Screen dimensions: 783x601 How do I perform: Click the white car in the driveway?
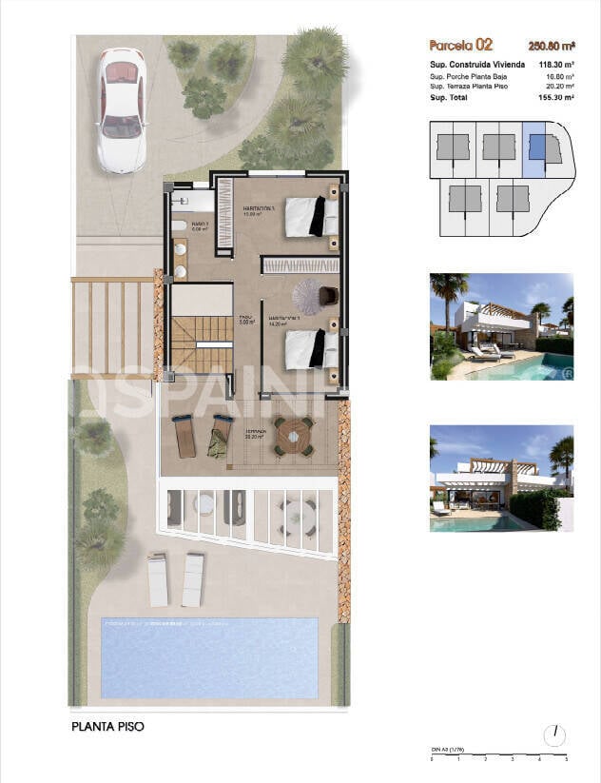pos(121,109)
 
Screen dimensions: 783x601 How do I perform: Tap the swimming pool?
pos(208,657)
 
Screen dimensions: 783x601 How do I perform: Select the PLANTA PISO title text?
pos(107,727)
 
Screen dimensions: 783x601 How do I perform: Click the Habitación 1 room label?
pos(258,208)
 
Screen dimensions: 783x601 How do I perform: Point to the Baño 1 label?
pos(199,225)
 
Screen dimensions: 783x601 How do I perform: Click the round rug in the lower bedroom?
pos(311,292)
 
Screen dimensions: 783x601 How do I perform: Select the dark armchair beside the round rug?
pos(329,296)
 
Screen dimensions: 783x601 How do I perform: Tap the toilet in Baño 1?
pos(179,226)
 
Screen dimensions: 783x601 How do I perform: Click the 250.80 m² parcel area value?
pos(551,45)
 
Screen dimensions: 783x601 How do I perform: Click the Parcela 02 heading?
pos(461,44)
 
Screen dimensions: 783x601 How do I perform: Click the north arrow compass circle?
pos(554,735)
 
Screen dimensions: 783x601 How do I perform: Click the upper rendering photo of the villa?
pos(501,326)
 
